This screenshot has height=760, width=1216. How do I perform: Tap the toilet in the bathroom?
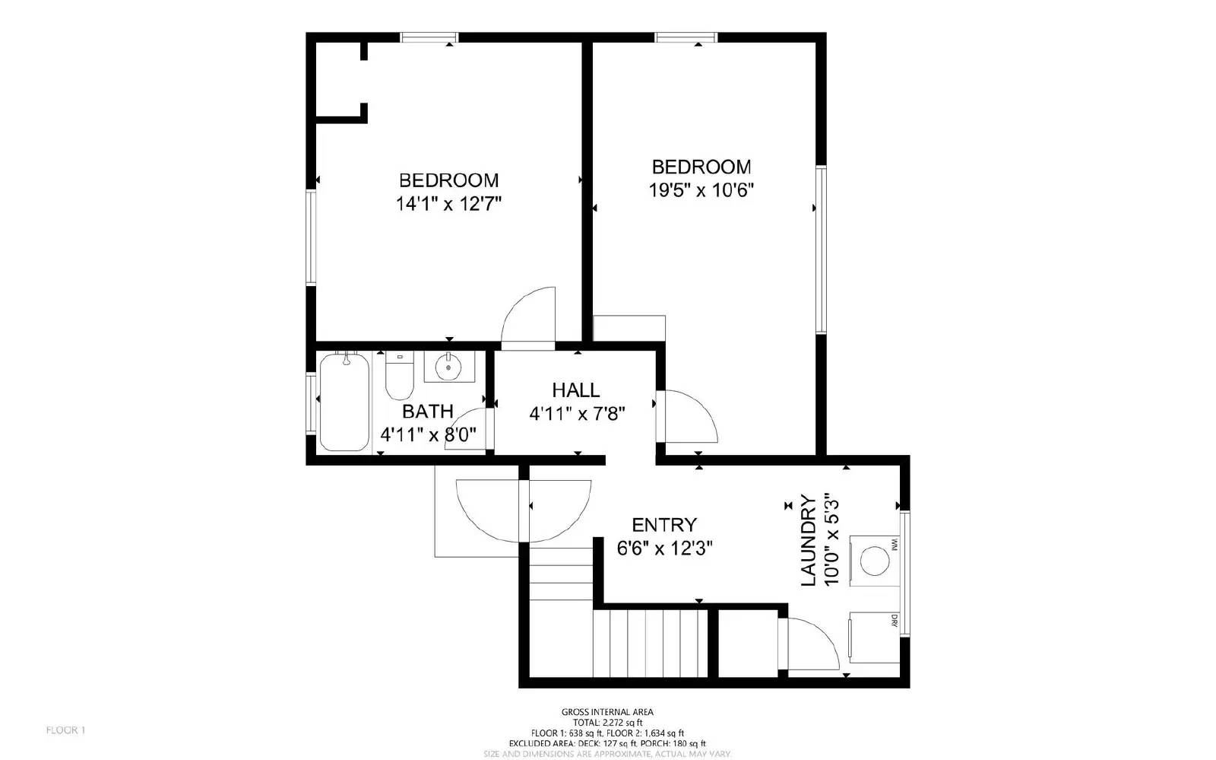point(399,377)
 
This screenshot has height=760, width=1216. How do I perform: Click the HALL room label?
point(575,390)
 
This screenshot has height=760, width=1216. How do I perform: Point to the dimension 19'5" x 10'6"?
point(700,190)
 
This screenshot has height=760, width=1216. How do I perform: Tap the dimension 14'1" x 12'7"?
point(448,204)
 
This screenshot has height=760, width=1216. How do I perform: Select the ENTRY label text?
point(663,525)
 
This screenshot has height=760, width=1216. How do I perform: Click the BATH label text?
point(427,412)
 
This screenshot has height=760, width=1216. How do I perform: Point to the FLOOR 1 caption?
point(65,730)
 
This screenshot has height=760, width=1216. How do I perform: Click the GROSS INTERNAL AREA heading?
point(606,712)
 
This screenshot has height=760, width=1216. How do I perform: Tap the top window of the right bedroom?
point(686,37)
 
